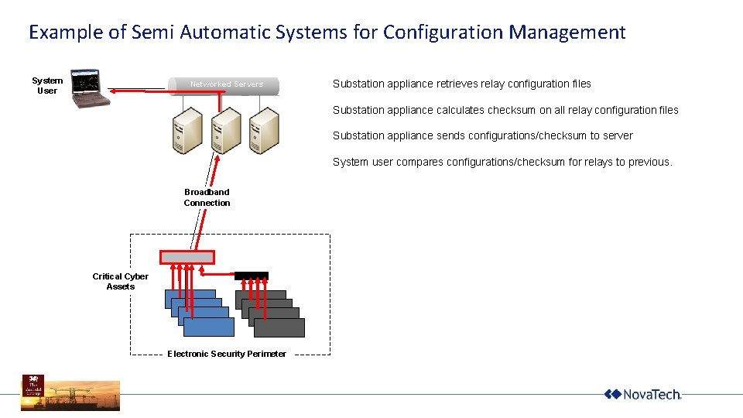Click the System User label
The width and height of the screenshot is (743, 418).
[47, 85]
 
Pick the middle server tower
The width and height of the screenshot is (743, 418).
[225, 130]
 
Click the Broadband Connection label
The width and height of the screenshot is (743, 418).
[207, 197]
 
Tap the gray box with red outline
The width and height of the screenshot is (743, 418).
[187, 257]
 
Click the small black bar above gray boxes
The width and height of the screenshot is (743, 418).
[252, 275]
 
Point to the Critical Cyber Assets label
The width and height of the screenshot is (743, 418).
[120, 281]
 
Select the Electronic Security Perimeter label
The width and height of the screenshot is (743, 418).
[227, 354]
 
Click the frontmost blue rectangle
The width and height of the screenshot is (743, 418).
[208, 327]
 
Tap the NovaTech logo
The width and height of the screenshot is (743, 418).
[642, 394]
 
